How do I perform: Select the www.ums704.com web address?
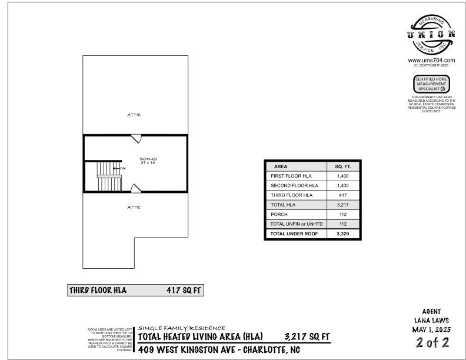pos(431,60)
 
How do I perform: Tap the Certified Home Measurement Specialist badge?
pos(431,84)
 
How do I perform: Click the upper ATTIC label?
pos(134,115)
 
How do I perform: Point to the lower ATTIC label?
pos(134,207)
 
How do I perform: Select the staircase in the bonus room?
pos(109,176)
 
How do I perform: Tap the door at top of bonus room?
pos(137,139)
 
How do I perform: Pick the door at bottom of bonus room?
pos(136,188)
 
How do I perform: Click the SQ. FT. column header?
pos(342,166)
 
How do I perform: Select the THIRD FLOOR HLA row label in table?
pos(291,195)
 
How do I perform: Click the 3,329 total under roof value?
pos(342,234)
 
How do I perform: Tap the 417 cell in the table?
pos(342,195)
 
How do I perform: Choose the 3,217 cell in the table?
pos(342,205)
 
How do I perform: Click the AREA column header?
pos(281,166)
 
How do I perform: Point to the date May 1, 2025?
pos(431,330)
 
